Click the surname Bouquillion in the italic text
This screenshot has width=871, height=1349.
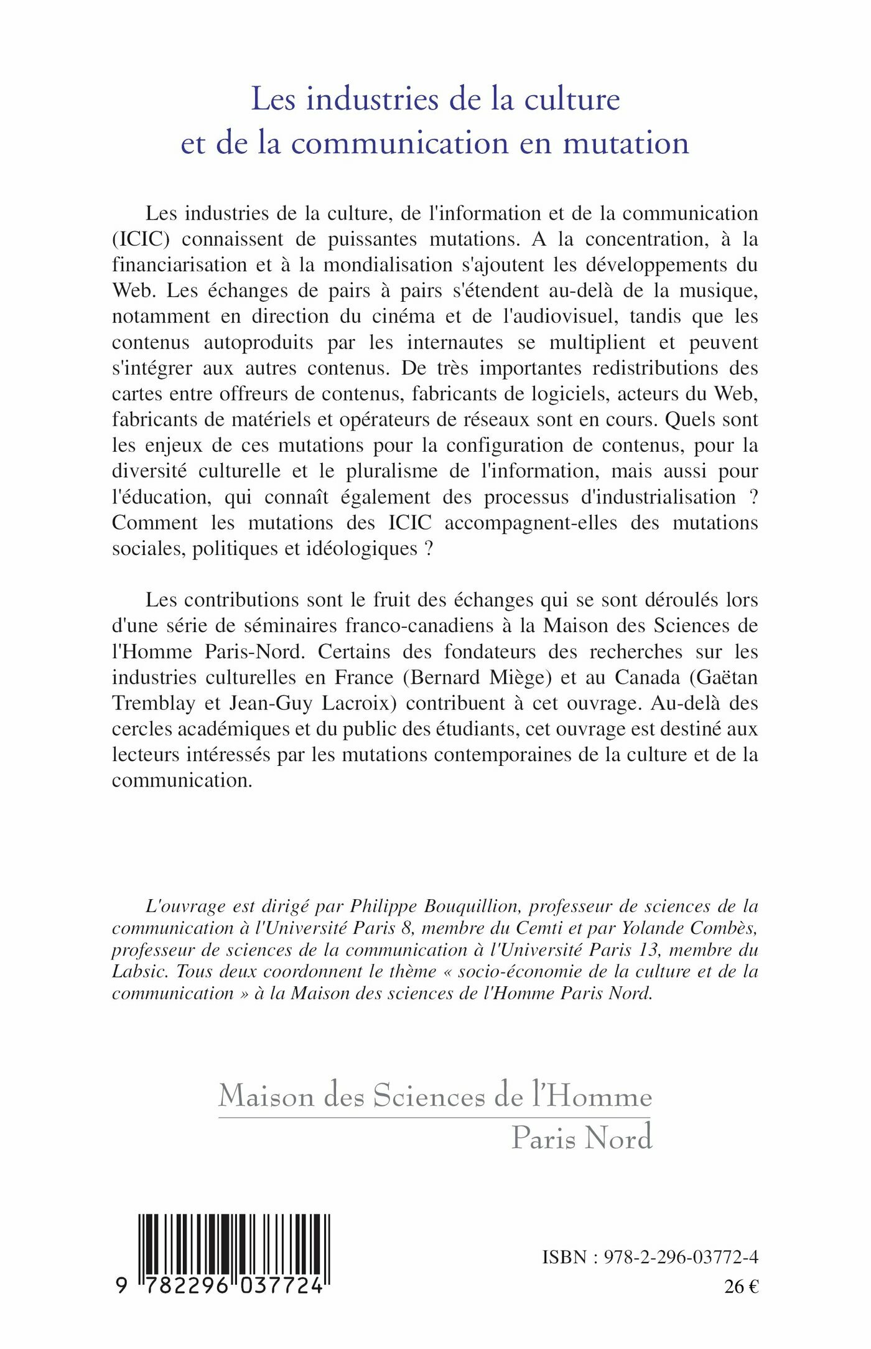[x=471, y=907]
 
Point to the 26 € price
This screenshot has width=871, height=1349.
[x=741, y=1287]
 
